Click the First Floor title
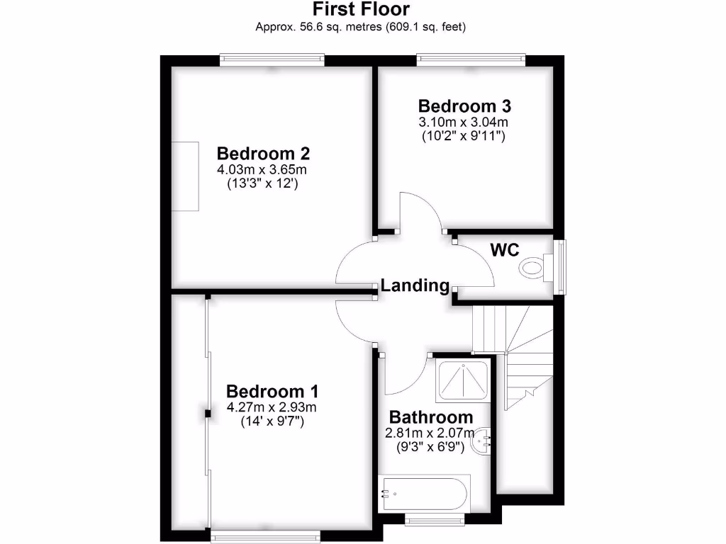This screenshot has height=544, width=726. click(x=362, y=9)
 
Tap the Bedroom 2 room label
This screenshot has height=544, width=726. click(x=263, y=154)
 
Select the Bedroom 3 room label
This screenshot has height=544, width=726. click(x=464, y=106)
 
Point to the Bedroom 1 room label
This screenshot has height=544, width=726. click(x=272, y=392)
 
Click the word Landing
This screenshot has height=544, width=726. click(x=415, y=285)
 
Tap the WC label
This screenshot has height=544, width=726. click(x=505, y=250)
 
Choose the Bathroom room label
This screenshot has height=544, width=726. click(x=430, y=417)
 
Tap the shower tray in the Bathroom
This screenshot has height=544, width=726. click(x=464, y=382)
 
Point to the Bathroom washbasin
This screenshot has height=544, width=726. click(x=484, y=440)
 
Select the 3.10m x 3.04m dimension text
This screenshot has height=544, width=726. click(x=464, y=123)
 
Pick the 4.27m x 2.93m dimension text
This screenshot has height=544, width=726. click(x=272, y=407)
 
